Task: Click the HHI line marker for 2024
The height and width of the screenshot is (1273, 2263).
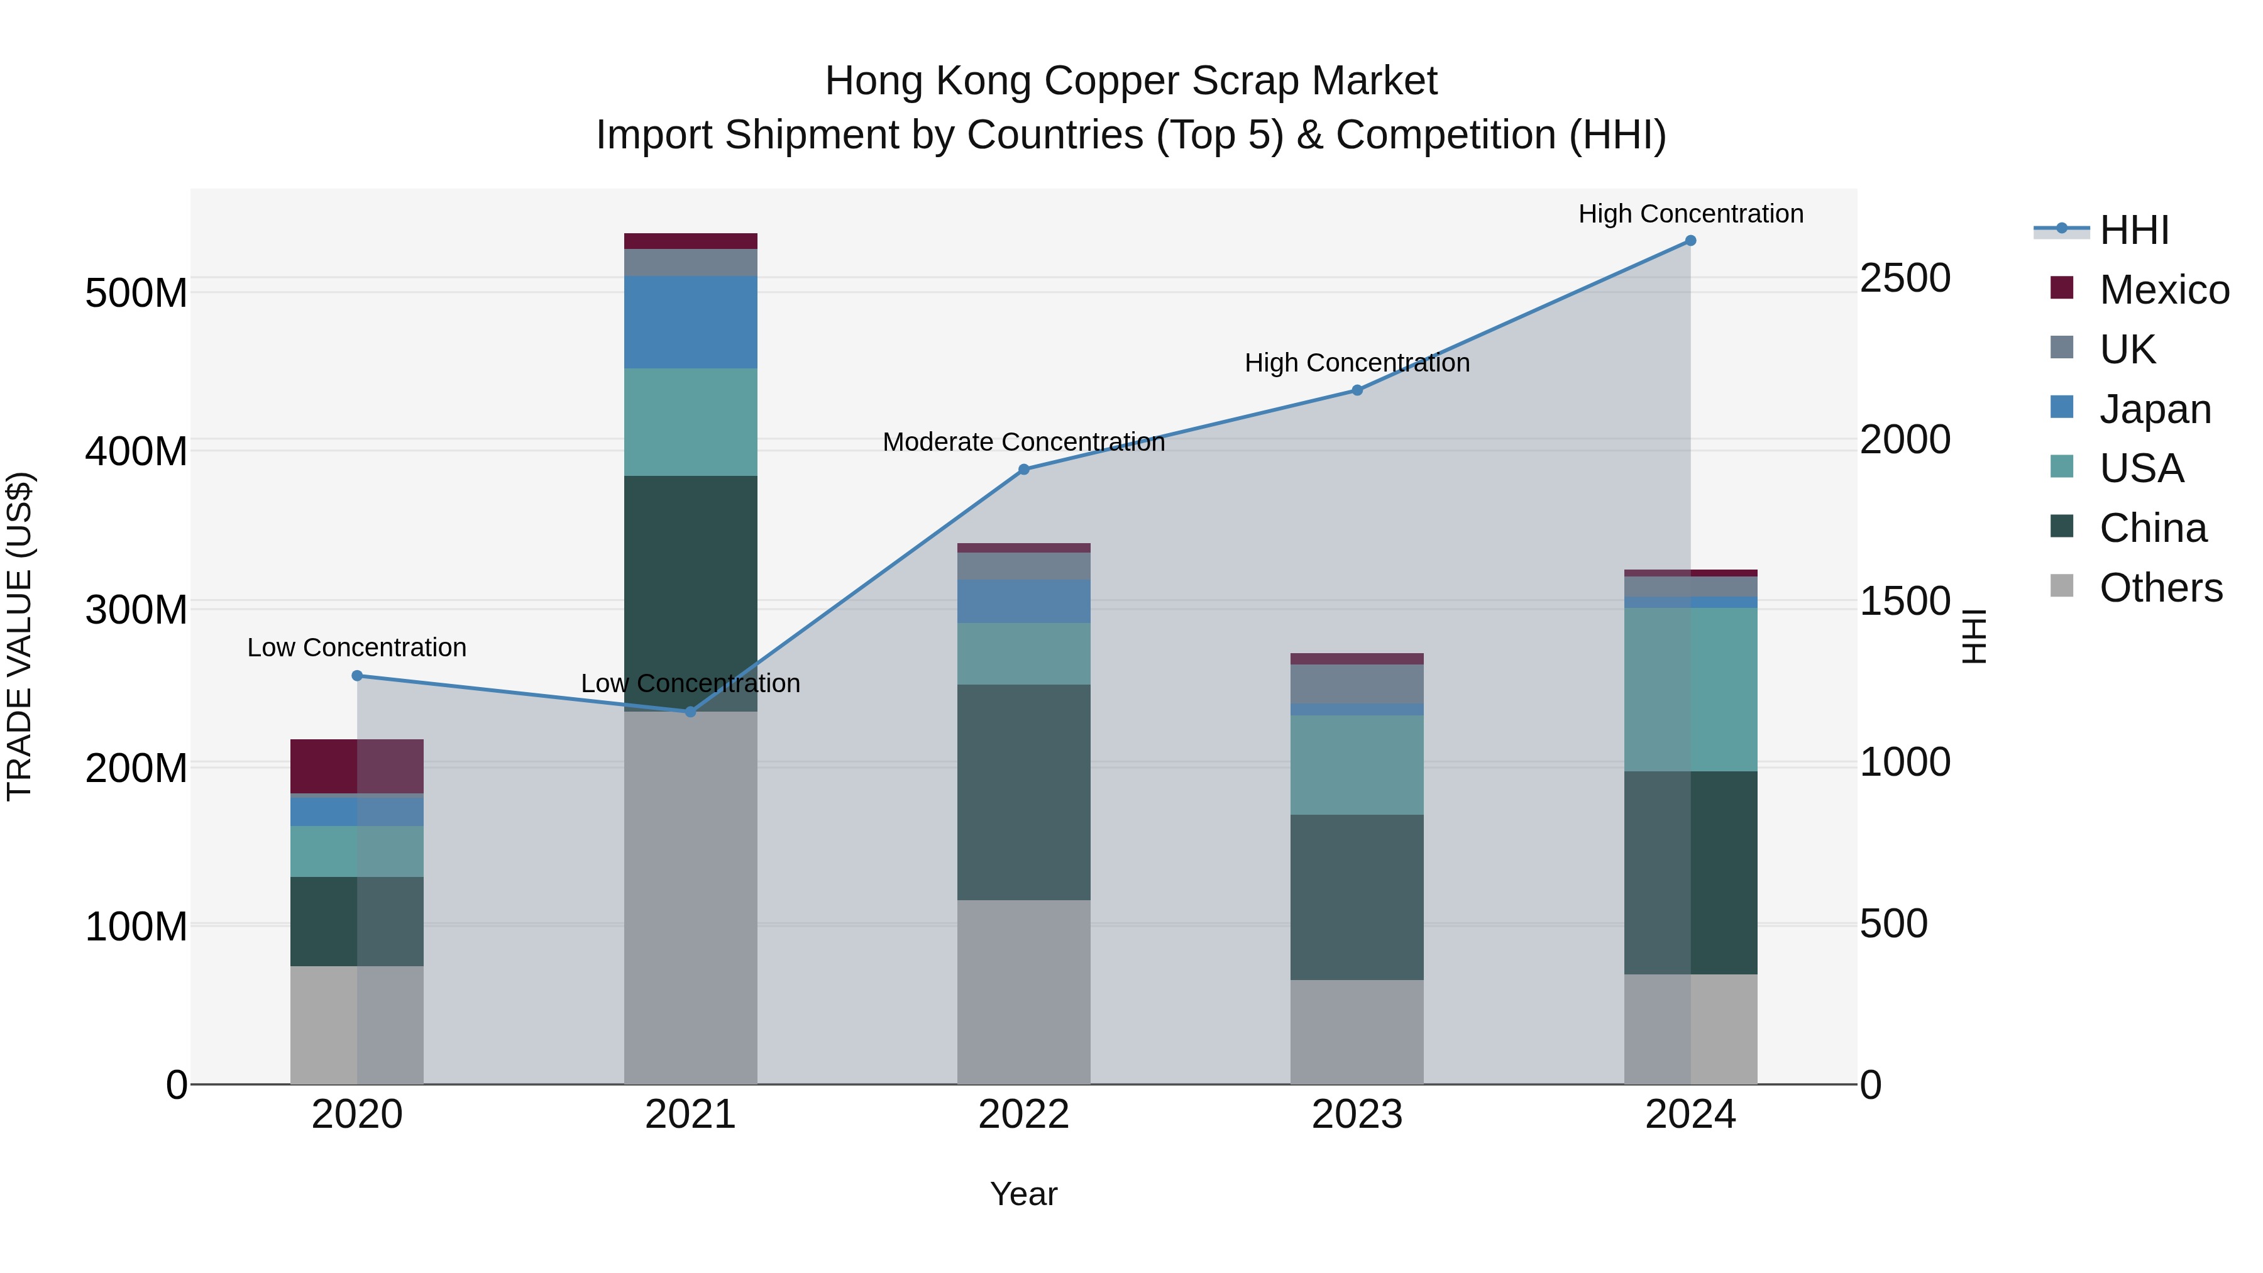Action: point(1690,241)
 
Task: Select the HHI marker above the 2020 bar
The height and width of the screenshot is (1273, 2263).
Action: point(356,676)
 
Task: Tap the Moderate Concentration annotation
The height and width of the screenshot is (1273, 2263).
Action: point(1023,442)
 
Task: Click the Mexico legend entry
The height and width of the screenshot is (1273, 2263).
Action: point(2164,290)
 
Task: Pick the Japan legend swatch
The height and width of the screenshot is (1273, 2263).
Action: point(2062,407)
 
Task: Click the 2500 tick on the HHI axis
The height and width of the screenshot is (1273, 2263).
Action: point(1905,278)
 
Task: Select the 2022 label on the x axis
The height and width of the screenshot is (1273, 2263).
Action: point(1023,1115)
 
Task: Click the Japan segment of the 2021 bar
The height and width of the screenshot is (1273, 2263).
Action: point(690,321)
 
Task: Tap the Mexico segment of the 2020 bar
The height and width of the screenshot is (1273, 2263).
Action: point(356,766)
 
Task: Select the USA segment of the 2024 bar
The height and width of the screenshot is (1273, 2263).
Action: point(1690,690)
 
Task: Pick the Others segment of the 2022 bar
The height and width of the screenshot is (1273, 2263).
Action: point(1023,992)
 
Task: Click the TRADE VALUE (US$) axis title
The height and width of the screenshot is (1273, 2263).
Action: point(20,636)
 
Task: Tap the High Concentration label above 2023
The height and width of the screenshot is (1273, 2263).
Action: point(1357,363)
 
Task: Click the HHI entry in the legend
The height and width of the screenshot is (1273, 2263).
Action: point(2134,230)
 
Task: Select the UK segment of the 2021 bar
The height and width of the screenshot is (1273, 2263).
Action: point(690,262)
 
